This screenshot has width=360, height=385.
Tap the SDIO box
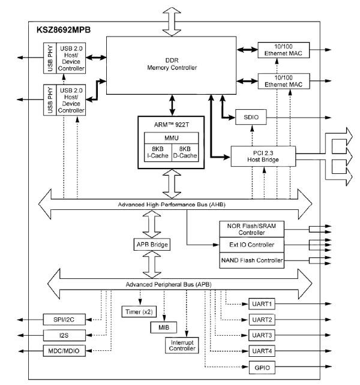(x=250, y=118)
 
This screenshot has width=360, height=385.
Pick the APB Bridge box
(x=152, y=245)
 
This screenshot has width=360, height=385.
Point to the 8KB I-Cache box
(x=157, y=153)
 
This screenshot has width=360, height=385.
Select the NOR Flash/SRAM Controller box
(x=251, y=228)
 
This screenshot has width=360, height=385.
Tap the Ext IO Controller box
(x=251, y=245)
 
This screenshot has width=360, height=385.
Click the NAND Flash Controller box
(x=251, y=261)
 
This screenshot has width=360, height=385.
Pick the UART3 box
(x=262, y=335)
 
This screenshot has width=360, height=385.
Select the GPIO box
(x=262, y=367)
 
